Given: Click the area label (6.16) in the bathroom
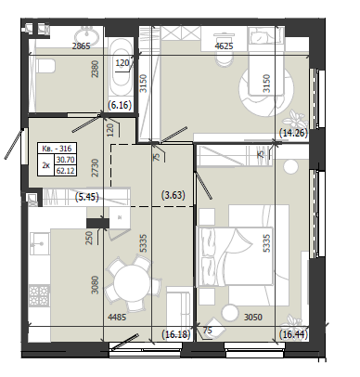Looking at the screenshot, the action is (x=120, y=105).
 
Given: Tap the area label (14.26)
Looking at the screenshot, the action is (x=293, y=133).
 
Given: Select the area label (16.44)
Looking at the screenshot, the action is (x=293, y=335).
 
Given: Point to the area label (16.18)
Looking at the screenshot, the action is (x=176, y=334).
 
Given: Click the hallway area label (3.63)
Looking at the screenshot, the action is (x=174, y=195).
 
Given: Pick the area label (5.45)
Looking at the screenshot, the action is (x=87, y=197).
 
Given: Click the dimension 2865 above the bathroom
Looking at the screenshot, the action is (x=81, y=46).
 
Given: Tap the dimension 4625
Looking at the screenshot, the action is (x=224, y=46).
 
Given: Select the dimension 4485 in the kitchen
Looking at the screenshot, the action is (x=117, y=317).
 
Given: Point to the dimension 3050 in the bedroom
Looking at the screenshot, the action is (x=253, y=317).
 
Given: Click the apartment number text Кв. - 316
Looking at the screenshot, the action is (x=57, y=149).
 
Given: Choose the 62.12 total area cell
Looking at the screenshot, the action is (x=66, y=171).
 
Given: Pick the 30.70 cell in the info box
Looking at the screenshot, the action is (x=66, y=160).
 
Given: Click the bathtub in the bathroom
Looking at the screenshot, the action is (x=121, y=70).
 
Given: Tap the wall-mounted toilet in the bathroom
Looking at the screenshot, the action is (x=45, y=66).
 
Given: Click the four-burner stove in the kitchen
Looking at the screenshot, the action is (x=39, y=295).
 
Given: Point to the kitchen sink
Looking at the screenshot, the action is (x=40, y=244).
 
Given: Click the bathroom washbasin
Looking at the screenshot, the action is (x=87, y=34).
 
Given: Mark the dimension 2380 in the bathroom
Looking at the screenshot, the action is (x=96, y=69).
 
